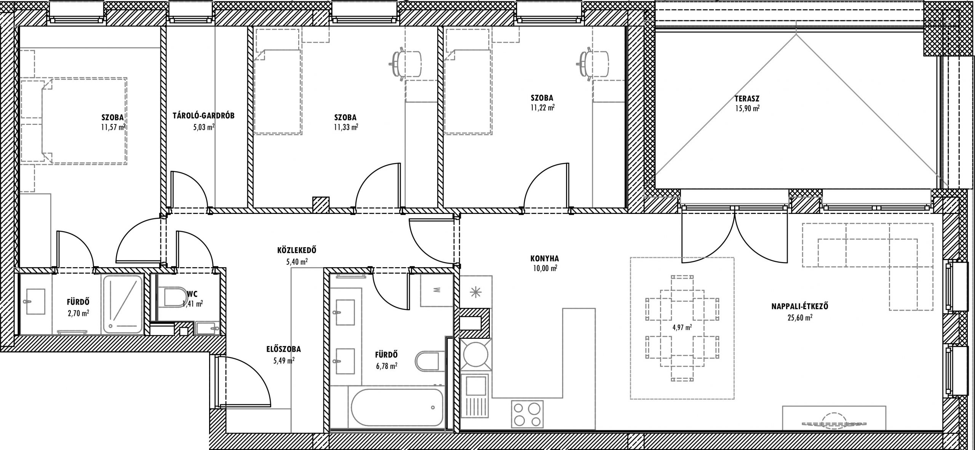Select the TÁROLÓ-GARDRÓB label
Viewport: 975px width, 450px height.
[x=203, y=116]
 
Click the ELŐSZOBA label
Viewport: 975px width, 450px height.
[x=284, y=349]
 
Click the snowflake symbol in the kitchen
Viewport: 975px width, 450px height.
[x=475, y=292]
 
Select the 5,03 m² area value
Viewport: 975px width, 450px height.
[x=204, y=127]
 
